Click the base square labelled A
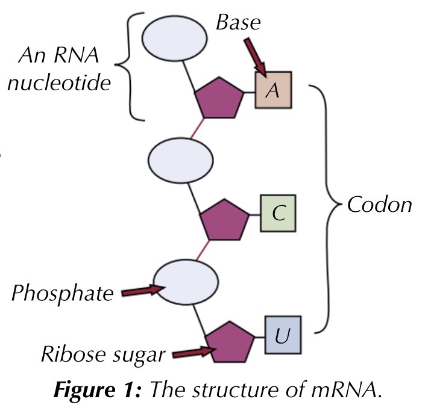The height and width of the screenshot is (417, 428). point(273,90)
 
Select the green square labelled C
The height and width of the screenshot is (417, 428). point(277,214)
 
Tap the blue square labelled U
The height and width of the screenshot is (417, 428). point(282,335)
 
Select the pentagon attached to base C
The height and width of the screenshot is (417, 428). point(224,221)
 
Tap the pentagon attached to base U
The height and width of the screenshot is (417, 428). point(229,342)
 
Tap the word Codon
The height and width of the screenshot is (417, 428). point(379,205)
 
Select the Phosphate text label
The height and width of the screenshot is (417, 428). point(63,294)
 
